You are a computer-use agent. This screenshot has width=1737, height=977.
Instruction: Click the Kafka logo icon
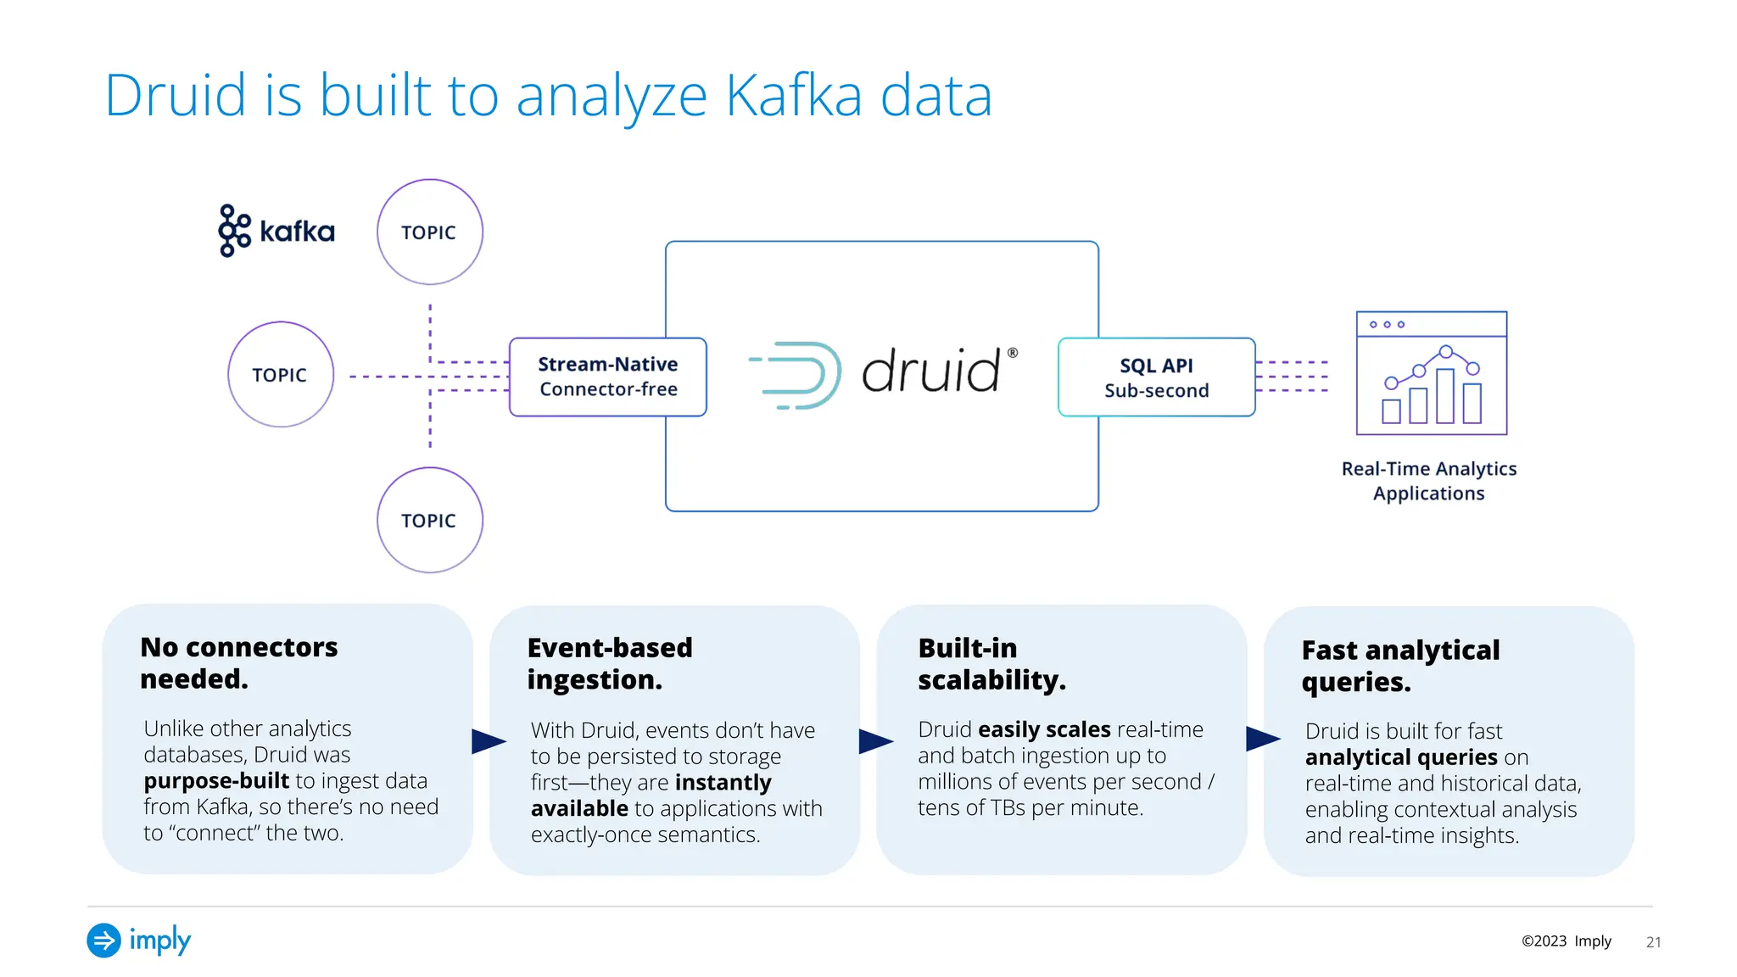pos(234,230)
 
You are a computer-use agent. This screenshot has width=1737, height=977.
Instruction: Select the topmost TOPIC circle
pos(430,232)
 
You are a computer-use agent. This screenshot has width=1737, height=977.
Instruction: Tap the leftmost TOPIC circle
pos(281,374)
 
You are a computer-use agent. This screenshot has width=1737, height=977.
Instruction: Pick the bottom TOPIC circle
pos(430,520)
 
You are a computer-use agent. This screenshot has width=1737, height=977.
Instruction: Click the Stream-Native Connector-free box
pos(607,377)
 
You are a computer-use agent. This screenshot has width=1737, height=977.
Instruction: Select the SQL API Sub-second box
pos(1156,377)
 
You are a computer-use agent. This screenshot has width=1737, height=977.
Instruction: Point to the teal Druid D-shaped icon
pos(797,375)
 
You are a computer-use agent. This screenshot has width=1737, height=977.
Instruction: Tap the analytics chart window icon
pos(1431,373)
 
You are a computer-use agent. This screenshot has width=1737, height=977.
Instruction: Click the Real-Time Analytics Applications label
pos(1428,481)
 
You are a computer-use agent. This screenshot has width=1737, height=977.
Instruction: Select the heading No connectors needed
pos(238,662)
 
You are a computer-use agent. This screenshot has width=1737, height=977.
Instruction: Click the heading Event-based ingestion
pos(609,663)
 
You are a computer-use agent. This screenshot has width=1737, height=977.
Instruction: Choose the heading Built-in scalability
pos(991,663)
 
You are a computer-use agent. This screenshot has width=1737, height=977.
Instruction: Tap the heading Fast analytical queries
pos(1399,666)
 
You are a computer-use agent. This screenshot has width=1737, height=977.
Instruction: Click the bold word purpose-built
pos(216,780)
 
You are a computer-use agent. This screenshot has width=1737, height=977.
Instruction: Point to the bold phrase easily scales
pos(1043,729)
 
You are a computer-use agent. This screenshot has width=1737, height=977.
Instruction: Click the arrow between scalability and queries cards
pos(1262,740)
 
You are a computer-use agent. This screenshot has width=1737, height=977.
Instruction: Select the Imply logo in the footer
pos(139,940)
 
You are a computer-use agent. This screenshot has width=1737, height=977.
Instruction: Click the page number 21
pos(1653,941)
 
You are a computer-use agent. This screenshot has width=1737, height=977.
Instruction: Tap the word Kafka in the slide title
pos(793,95)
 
